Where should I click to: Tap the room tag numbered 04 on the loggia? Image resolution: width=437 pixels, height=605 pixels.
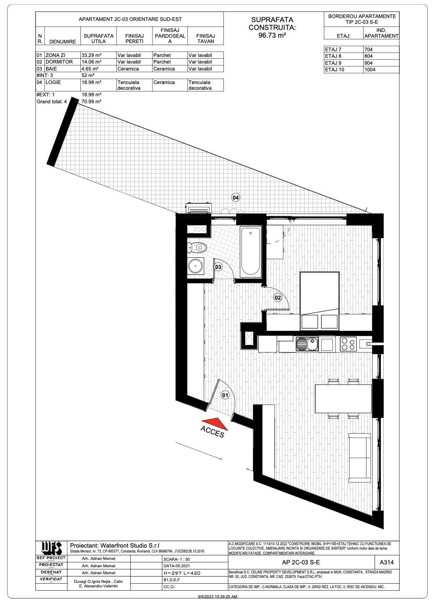tap(236, 198)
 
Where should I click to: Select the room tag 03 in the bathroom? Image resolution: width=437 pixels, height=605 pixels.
tap(218, 267)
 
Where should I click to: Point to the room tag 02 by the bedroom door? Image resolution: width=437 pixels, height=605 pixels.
tap(278, 298)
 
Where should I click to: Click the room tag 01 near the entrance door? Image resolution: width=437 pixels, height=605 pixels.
tap(225, 395)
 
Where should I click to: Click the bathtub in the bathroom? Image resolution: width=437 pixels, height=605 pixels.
tap(250, 252)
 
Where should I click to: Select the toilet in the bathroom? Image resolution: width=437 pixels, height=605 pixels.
tap(198, 247)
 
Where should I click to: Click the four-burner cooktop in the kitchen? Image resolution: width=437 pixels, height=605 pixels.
tap(348, 344)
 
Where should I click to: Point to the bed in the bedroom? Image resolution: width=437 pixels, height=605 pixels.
tap(320, 300)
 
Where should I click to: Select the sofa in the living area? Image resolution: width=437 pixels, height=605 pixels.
tap(359, 457)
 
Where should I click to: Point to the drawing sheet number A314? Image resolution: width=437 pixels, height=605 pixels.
tap(387, 562)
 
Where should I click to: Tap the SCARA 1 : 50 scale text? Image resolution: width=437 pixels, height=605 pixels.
tap(177, 559)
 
